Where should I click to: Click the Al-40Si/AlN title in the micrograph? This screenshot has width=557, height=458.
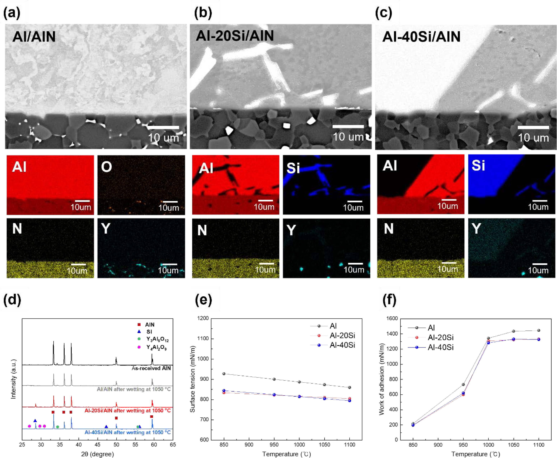[x=421, y=36]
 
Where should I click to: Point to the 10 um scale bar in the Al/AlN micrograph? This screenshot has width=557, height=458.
[x=163, y=128]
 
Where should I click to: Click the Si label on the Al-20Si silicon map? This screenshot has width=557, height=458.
[x=293, y=168]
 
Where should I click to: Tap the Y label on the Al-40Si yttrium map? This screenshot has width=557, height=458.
[x=476, y=229]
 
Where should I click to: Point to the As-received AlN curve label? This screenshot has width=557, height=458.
[x=151, y=368]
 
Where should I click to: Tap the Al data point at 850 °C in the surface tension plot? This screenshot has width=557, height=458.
[x=224, y=374]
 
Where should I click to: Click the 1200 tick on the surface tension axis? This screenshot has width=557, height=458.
[x=203, y=318]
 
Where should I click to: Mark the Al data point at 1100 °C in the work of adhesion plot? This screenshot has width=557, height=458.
[x=539, y=330]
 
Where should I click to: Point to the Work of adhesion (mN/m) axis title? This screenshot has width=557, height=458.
[x=382, y=379]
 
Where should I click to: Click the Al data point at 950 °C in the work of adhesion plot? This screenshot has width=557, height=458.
[x=463, y=384]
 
